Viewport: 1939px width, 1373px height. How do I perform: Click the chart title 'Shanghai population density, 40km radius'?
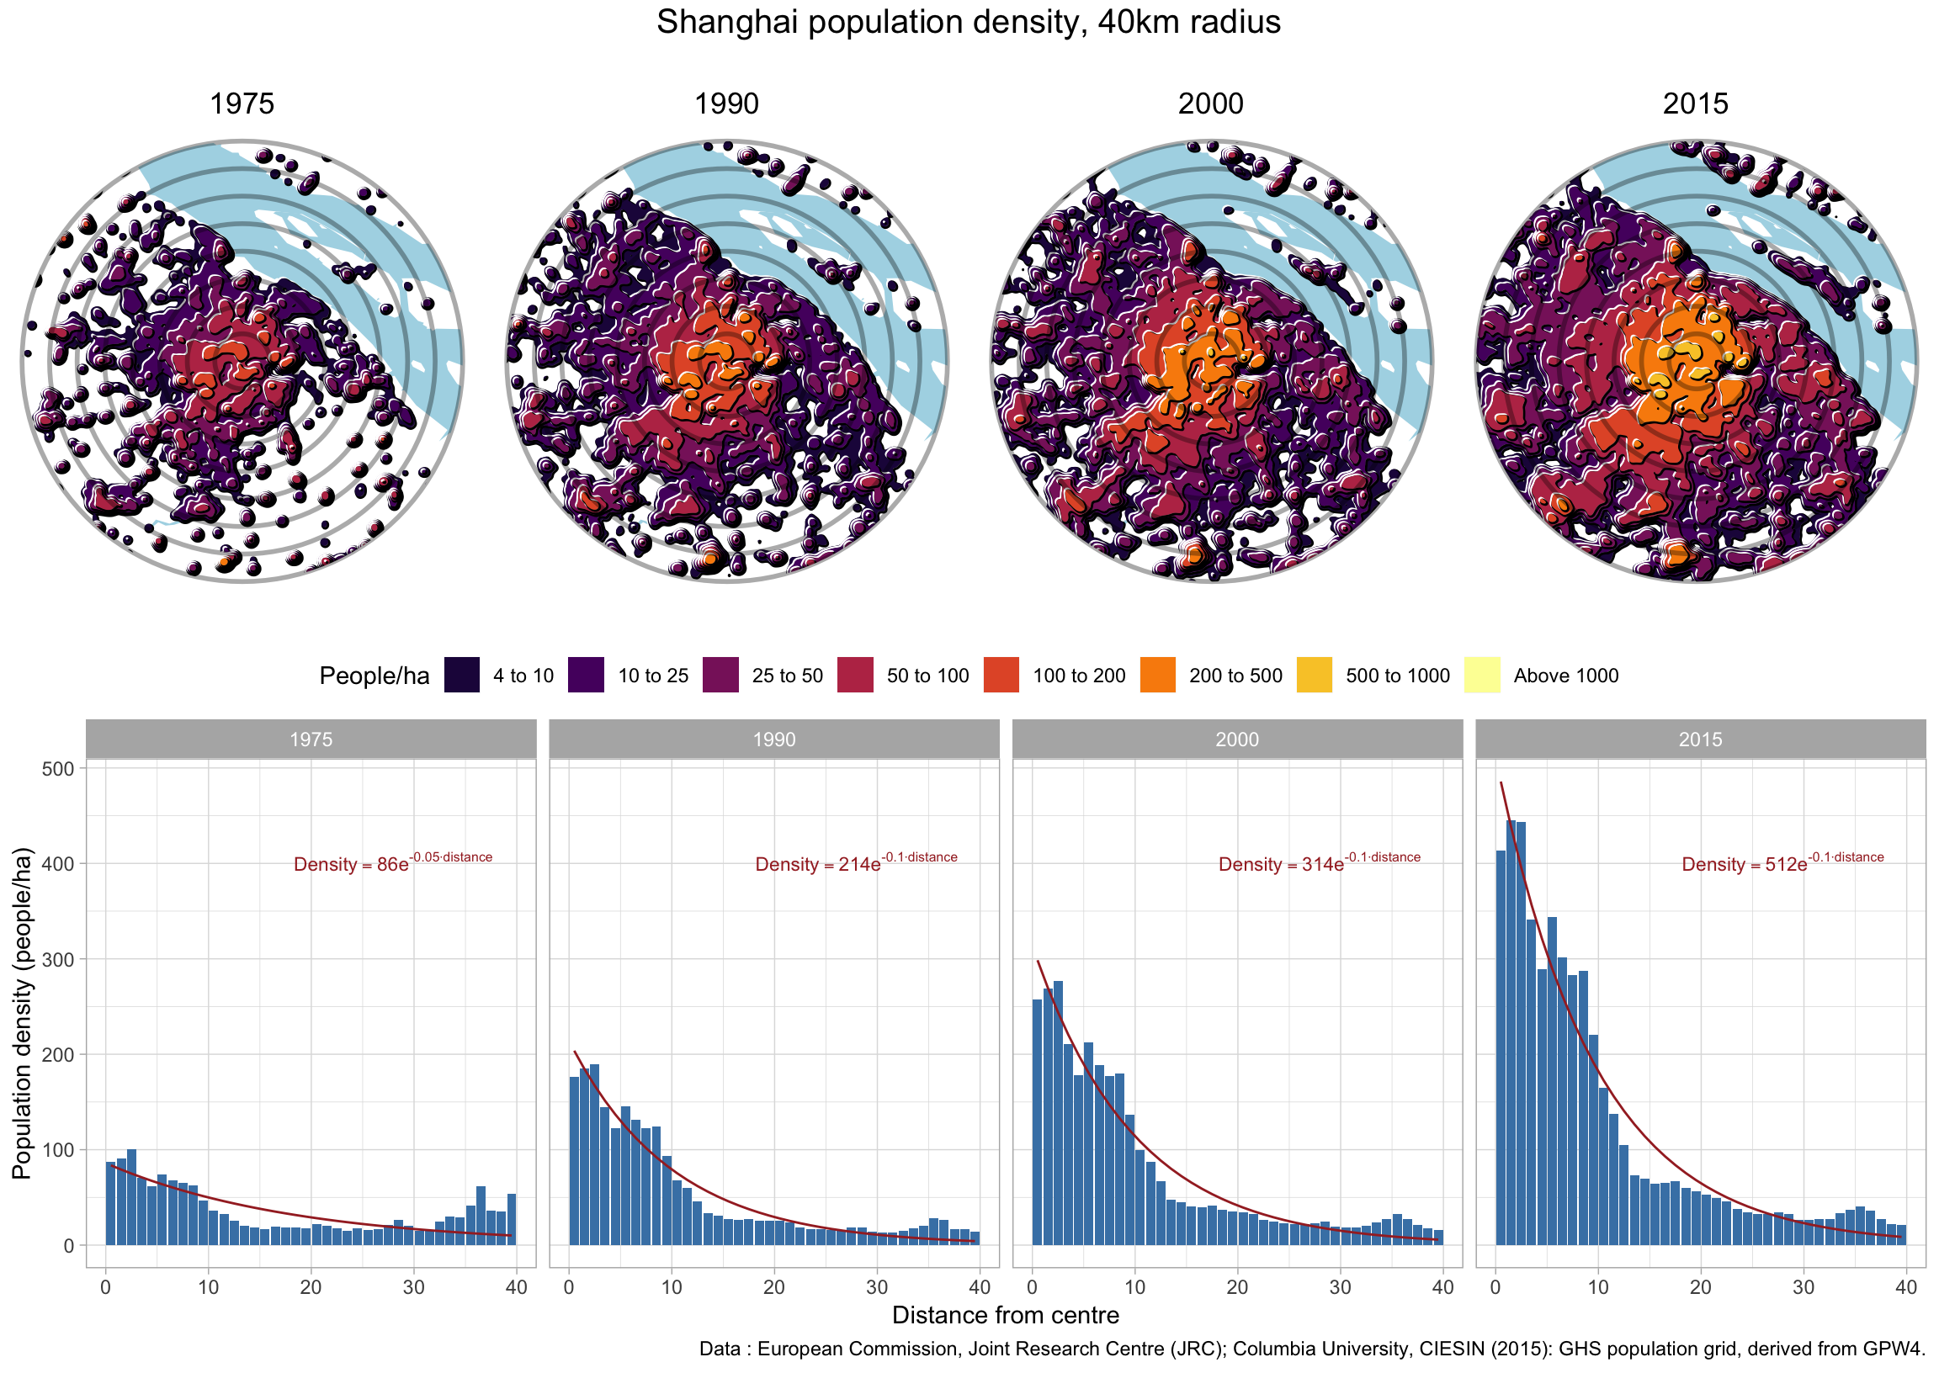(968, 23)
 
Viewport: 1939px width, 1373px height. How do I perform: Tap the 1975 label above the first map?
(242, 104)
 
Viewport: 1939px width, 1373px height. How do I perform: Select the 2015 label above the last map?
(1695, 104)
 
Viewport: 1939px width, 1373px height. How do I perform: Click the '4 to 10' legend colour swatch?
(462, 676)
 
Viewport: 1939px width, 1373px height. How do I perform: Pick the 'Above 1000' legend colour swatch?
(1481, 676)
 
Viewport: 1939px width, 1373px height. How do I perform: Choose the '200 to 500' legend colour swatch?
(1158, 676)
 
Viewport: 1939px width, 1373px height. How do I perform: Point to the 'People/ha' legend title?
(374, 676)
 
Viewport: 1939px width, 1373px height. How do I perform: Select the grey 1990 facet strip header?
(773, 740)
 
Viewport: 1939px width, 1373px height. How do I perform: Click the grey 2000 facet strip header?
(1237, 740)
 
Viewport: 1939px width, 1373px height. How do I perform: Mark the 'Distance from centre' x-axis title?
(1006, 1316)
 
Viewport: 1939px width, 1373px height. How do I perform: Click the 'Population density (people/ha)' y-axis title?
(22, 1013)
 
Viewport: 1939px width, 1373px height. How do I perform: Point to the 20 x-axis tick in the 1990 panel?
(773, 1288)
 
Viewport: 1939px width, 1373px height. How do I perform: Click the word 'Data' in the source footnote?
(720, 1349)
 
